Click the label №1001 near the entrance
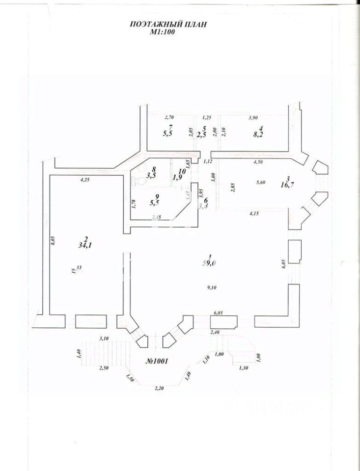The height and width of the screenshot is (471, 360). [157, 362]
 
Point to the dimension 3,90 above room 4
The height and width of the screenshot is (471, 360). [253, 118]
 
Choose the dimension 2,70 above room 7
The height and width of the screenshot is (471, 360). [168, 118]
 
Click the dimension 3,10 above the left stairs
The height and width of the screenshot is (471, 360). [104, 339]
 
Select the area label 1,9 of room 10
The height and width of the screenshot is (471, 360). [178, 178]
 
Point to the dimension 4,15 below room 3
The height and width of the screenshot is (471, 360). [254, 213]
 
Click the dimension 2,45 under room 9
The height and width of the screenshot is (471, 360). [156, 216]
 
